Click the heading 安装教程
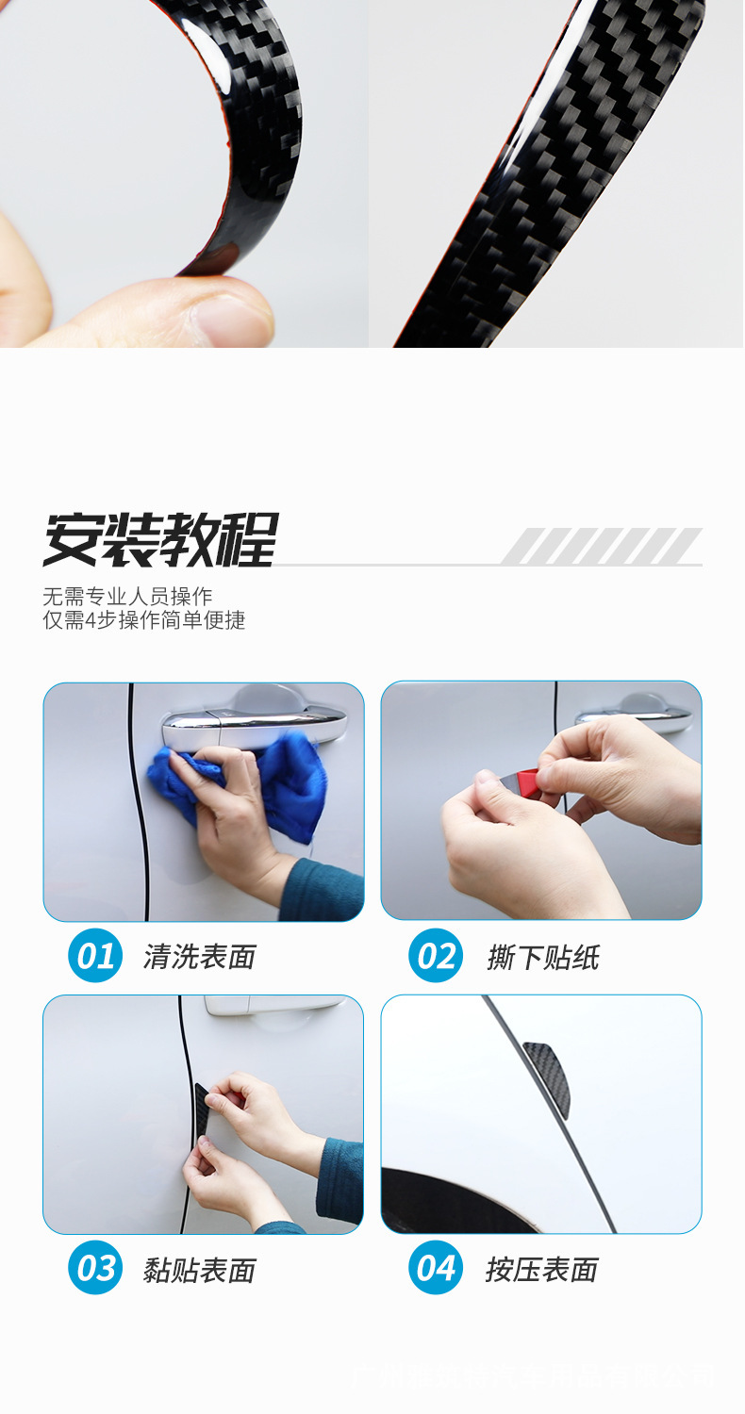(160, 539)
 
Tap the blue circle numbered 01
(95, 956)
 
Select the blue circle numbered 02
(435, 956)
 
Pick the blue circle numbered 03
(95, 1268)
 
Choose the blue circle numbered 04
(435, 1268)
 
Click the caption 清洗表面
(200, 957)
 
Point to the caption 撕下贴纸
(543, 957)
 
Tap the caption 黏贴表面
(200, 1270)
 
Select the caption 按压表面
(542, 1270)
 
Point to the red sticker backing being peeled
(529, 783)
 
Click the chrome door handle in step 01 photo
(255, 721)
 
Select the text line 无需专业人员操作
(127, 596)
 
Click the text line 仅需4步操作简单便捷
(144, 620)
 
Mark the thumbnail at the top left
(184, 173)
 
